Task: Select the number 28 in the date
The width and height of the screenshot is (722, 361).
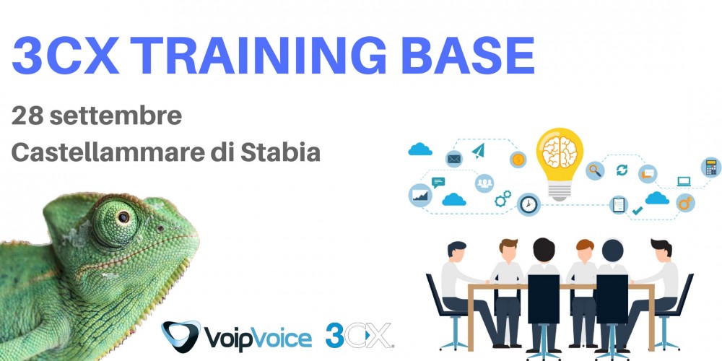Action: (27, 116)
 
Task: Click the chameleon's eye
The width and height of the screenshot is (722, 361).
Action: (123, 217)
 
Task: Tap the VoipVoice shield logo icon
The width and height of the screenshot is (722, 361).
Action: (180, 336)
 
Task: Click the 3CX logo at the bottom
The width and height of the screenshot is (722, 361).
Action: (359, 335)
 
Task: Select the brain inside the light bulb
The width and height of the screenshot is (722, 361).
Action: (560, 152)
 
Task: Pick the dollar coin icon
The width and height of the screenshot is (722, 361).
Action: (518, 160)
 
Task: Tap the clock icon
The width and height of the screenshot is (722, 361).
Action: (529, 204)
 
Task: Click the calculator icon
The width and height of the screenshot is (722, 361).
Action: (711, 168)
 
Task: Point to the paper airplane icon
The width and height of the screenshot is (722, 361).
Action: (479, 150)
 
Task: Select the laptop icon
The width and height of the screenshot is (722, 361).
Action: (684, 181)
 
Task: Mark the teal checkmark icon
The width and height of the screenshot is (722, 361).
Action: (638, 210)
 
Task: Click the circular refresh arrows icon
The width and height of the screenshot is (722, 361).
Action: (622, 170)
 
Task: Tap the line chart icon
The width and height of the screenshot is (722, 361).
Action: (420, 195)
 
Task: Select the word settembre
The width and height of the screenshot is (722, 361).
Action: (116, 116)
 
